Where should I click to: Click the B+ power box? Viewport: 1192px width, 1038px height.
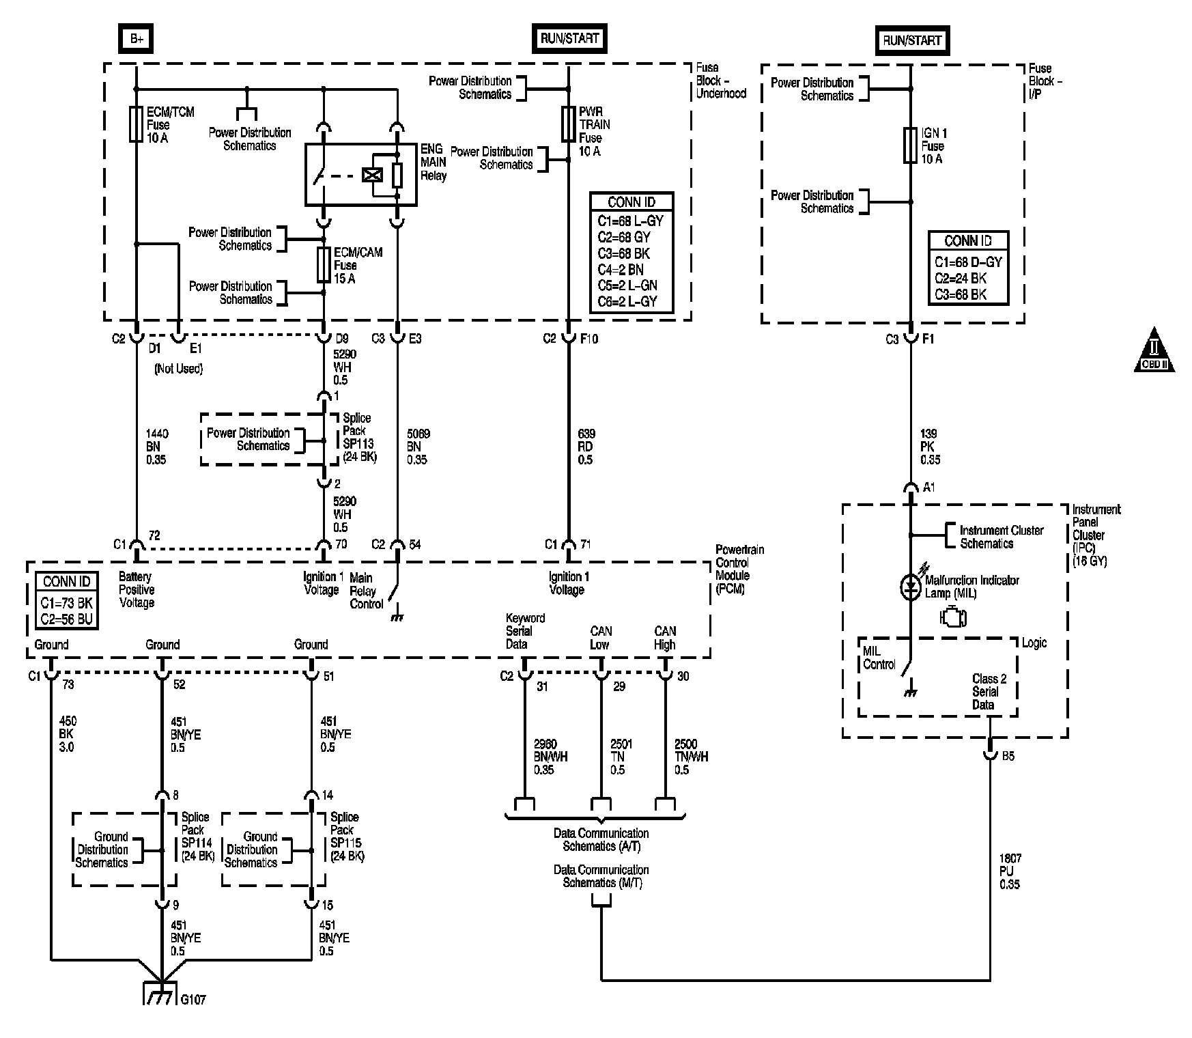pos(137,40)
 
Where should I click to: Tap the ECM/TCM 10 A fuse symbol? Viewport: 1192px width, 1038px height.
pos(136,124)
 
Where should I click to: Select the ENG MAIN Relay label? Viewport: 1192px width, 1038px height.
pos(434,162)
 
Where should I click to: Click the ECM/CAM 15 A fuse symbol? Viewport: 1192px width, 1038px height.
pos(324,264)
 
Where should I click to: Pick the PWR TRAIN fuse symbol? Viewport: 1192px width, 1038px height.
pos(568,124)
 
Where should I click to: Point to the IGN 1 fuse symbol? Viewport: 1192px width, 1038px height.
pos(910,145)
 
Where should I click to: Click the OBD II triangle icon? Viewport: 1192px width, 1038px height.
pos(1154,350)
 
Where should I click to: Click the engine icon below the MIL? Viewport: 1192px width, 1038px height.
pos(953,617)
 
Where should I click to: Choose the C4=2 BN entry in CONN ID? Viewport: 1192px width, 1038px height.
pos(621,270)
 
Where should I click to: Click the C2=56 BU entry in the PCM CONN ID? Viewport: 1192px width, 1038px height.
pos(66,619)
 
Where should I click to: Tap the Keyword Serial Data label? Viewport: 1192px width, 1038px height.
pos(525,631)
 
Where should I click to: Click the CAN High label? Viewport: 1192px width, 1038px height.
pos(665,638)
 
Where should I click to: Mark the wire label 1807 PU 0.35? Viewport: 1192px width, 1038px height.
pos(1010,871)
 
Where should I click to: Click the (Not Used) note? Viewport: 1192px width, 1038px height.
pos(178,369)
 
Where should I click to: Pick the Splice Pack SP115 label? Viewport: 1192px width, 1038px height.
pos(347,837)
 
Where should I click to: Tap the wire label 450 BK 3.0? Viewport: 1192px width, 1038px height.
pos(67,734)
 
